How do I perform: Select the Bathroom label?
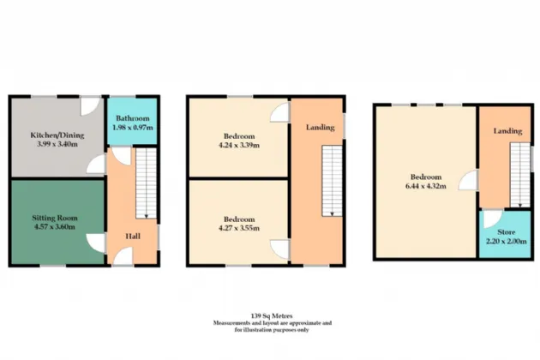pos(132,118)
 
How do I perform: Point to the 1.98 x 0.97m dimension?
pos(132,127)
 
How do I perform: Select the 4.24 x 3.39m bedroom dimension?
pos(237,145)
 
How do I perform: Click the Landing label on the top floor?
pos(507,130)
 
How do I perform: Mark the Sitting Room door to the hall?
pos(99,243)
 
